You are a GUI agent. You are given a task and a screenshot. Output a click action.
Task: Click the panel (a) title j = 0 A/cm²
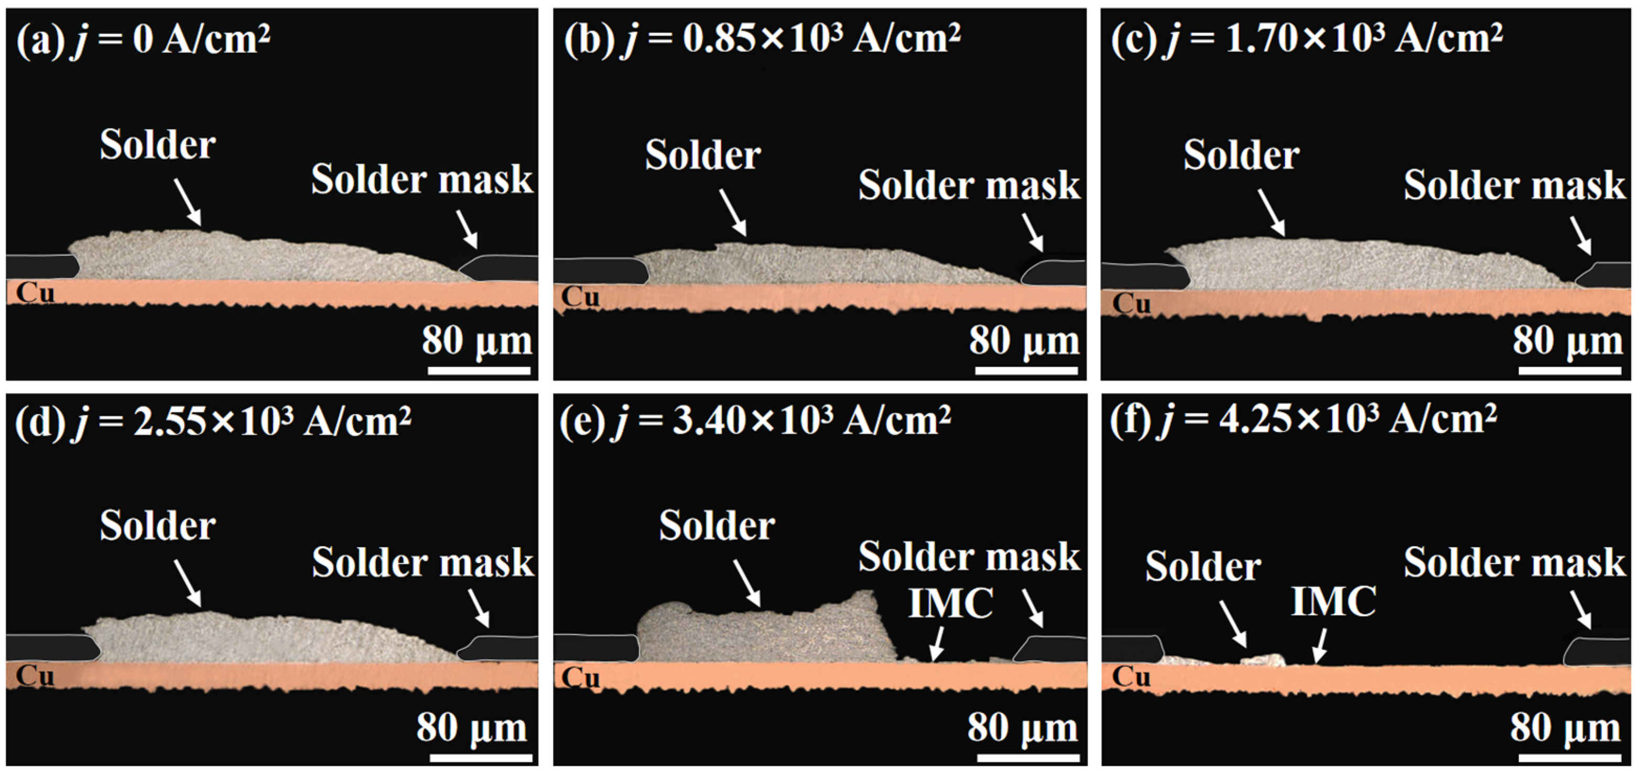pos(144,40)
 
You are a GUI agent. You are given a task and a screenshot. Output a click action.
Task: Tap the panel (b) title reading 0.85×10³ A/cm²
pos(762,39)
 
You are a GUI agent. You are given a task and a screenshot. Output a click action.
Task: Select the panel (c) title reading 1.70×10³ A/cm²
pos(1307,39)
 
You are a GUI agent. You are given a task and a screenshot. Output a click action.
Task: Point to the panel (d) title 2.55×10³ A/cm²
pos(213,421)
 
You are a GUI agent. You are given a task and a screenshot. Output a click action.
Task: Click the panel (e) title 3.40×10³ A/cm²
pos(755,421)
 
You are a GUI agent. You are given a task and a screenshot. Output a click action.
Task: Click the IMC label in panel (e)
pos(951,602)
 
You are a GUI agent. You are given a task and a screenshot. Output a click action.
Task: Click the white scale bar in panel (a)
pos(479,370)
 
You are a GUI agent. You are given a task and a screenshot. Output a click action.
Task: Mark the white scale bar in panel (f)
pos(1569,757)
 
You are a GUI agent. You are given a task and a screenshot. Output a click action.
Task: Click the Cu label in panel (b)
pos(580,297)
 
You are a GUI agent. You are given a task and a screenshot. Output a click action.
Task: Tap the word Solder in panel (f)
pos(1203,567)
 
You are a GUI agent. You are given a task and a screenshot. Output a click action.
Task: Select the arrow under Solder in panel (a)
pos(188,202)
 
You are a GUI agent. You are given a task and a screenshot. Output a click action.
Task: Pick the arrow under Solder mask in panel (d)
pos(479,609)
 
